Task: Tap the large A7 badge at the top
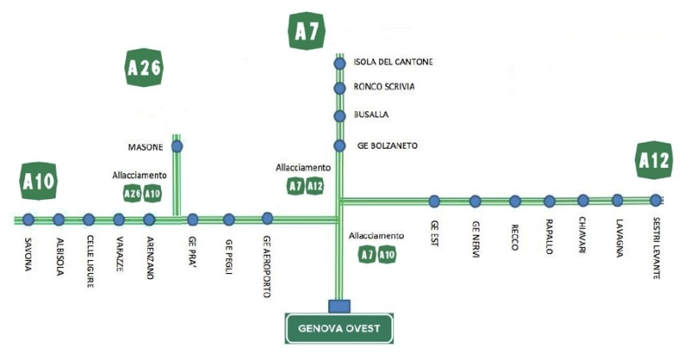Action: coord(307,32)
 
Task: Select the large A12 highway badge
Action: coord(654,160)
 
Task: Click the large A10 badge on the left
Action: coord(39,182)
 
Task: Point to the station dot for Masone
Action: coord(177,146)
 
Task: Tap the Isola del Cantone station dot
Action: coord(341,63)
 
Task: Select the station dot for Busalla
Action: coord(341,115)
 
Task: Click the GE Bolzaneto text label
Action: coord(387,145)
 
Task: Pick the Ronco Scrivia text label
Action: coord(384,87)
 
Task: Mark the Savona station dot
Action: coord(29,219)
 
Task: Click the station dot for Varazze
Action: coord(118,219)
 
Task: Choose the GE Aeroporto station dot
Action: coord(267,218)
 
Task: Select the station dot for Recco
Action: coord(515,201)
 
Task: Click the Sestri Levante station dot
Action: coord(657,199)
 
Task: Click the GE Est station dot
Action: coord(434,201)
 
